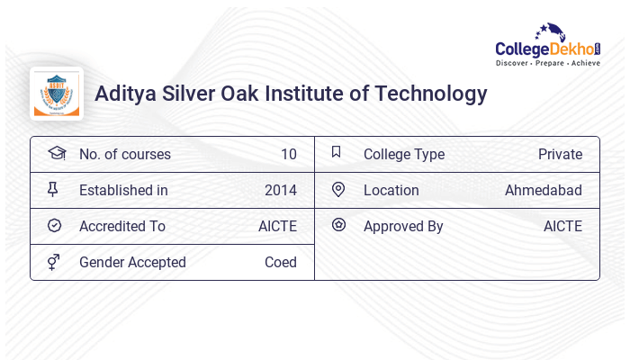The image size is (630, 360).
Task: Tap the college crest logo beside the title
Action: pos(57,94)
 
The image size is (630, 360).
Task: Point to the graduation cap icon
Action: pos(56,154)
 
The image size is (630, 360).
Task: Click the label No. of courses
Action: pos(124,155)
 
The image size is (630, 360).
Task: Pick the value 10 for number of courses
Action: pos(288,155)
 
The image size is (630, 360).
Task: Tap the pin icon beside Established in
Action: pos(53,190)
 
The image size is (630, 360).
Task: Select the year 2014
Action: pos(280,191)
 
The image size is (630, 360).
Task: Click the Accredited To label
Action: pos(122,227)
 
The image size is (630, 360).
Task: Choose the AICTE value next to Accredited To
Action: pos(277,227)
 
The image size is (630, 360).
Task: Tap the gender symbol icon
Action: pos(54,262)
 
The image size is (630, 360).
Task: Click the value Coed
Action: pos(280,263)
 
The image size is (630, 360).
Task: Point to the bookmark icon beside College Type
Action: pos(337,153)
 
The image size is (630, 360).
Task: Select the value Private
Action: pos(560,155)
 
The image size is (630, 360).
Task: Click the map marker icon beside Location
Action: pos(337,190)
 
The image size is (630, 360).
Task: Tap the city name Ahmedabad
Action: pos(543,191)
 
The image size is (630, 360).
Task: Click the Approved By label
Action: pos(403,227)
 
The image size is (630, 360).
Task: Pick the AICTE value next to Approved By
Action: pos(562,227)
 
